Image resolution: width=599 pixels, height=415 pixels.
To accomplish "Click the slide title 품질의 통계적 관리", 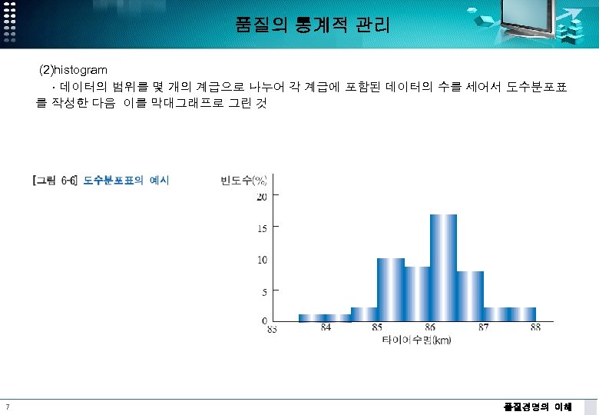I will point(313,25).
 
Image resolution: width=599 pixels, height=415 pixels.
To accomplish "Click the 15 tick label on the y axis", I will point(262,228).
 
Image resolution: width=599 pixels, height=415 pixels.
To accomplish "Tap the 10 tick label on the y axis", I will point(262,260).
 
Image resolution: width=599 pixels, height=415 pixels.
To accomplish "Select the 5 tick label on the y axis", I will point(264,292).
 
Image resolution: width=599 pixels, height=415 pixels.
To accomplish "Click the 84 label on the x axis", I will point(326,328).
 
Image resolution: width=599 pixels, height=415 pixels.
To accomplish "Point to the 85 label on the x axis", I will point(377,328).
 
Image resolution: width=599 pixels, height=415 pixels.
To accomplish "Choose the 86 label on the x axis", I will point(430,328).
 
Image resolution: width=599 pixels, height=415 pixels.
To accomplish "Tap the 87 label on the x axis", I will point(483,328).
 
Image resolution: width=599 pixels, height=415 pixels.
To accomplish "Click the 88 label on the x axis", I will point(535,328).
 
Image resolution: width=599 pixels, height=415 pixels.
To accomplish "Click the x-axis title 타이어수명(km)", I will point(416,340).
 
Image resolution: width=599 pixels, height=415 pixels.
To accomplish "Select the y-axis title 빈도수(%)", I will point(243,181).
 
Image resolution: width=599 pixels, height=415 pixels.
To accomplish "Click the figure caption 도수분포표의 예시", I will point(126,181).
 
